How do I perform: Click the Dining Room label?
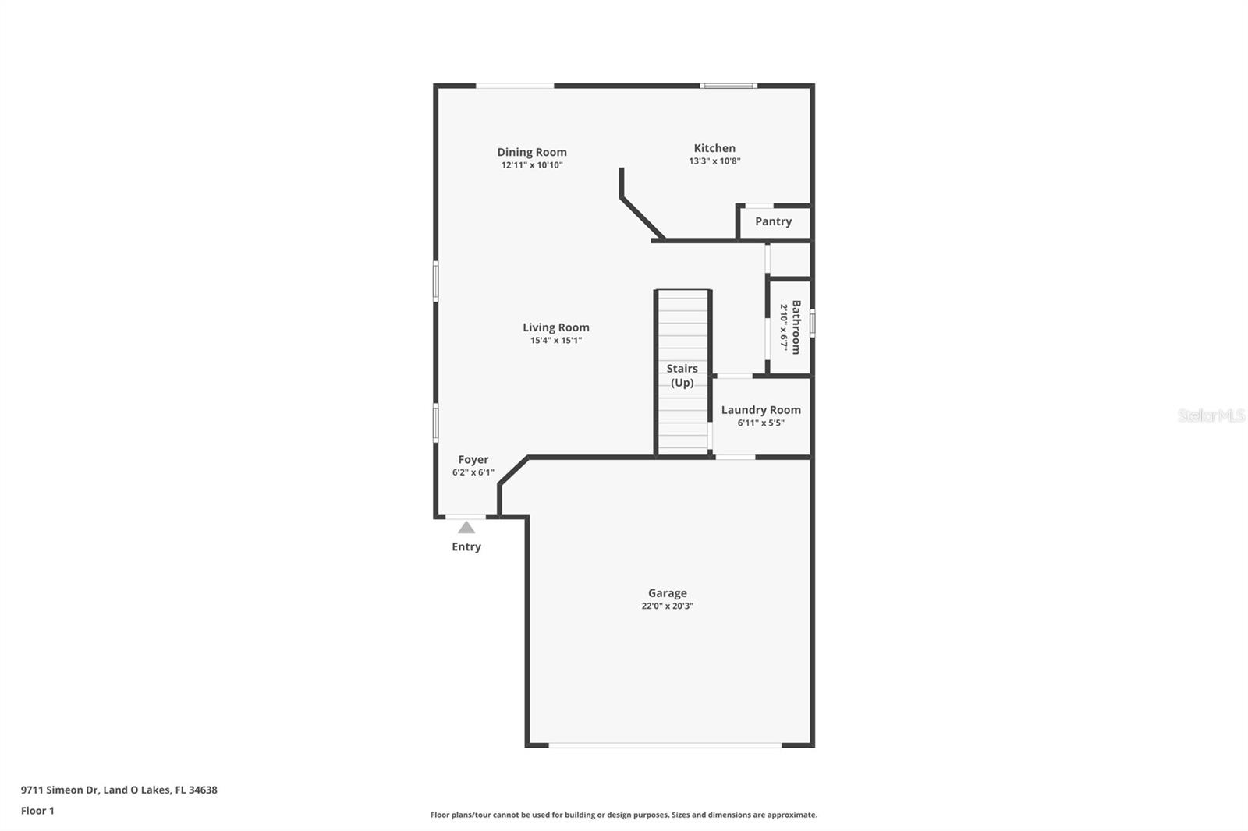[532, 152]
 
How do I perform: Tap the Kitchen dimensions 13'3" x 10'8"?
[714, 161]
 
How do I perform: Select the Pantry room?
[773, 222]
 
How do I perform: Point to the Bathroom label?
[796, 327]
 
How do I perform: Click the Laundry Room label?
[760, 410]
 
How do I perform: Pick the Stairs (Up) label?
[682, 375]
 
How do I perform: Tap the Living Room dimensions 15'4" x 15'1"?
[556, 340]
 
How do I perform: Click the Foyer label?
[473, 460]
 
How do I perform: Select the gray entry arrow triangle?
[466, 528]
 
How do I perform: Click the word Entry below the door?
[466, 546]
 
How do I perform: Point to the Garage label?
[668, 593]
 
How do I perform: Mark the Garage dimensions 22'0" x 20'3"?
[668, 606]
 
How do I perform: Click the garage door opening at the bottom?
[665, 745]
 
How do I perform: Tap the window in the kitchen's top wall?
[729, 86]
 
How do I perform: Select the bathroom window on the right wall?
[812, 323]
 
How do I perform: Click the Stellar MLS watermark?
[1211, 415]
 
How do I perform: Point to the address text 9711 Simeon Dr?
[119, 790]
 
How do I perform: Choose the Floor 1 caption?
[37, 811]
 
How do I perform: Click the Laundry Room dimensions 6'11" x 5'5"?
[761, 423]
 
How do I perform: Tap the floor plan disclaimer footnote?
[624, 815]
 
